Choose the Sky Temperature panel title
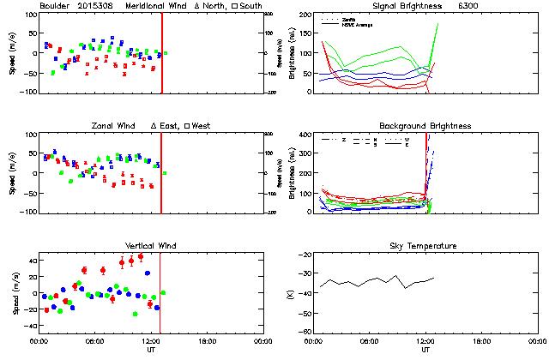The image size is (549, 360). click(425, 246)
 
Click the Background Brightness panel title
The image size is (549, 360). click(425, 126)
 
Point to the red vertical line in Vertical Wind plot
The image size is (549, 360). click(161, 291)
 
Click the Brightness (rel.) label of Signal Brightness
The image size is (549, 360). click(292, 53)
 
